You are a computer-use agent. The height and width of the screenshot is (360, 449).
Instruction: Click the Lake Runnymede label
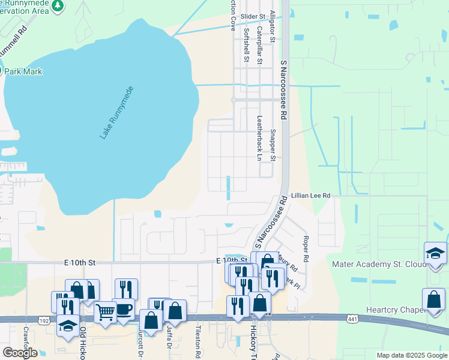point(116,113)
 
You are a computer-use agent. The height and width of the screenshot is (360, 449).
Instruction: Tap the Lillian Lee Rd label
point(310,196)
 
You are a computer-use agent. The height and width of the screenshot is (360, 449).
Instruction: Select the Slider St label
point(252,17)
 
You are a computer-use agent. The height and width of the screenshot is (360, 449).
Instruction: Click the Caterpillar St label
point(259,45)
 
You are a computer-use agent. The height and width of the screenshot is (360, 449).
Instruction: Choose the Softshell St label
point(246,45)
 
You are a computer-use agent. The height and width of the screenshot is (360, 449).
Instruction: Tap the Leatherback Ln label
point(259,138)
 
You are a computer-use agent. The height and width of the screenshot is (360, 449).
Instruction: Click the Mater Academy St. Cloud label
point(373,265)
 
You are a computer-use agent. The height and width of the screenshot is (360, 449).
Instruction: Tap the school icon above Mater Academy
point(435,253)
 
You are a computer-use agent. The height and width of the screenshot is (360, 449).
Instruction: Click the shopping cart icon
point(105,311)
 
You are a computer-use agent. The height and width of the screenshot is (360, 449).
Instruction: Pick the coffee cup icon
point(124,309)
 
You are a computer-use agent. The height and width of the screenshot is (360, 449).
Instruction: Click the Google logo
point(20,353)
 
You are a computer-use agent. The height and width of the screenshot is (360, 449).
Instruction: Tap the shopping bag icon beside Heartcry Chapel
point(433,299)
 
